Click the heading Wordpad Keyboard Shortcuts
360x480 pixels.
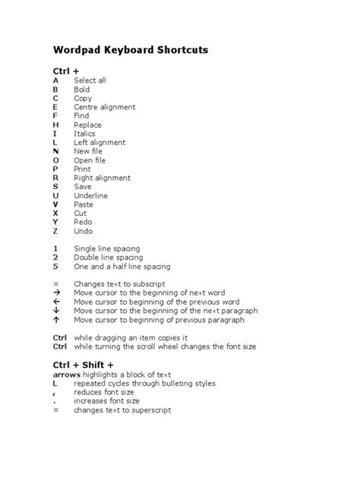(130, 50)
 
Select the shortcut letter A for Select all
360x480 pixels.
(55, 80)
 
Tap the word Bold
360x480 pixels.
(81, 89)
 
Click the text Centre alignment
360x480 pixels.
(105, 107)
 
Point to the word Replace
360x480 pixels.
(87, 125)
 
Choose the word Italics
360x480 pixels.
(84, 134)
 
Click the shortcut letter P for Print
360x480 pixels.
(55, 169)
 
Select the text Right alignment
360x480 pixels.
(102, 178)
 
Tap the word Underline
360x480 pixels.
(90, 195)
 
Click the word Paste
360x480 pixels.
(84, 204)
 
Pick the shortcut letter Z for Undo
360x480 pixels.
(55, 231)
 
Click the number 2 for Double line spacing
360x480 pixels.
(55, 257)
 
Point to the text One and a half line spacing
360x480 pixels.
(122, 267)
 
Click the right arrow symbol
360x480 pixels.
(56, 293)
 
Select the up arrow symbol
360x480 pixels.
(56, 320)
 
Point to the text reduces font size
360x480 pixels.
(106, 392)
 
